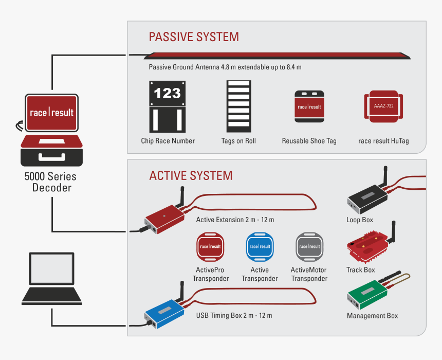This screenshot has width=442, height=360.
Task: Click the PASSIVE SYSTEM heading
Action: [194, 37]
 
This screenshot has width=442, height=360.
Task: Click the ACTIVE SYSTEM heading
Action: [191, 176]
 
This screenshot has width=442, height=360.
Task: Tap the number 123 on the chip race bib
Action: [168, 93]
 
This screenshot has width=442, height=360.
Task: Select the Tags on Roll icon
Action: [239, 106]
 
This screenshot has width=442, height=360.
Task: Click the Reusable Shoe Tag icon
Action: [309, 106]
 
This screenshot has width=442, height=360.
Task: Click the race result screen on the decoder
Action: [51, 112]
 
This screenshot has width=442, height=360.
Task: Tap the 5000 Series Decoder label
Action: [51, 182]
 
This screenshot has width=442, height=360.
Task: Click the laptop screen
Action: [51, 268]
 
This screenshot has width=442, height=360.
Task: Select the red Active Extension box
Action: [164, 218]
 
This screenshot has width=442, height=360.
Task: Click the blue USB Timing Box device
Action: [164, 314]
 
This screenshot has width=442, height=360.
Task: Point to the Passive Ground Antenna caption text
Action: [225, 67]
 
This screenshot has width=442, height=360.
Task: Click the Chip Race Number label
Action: [168, 141]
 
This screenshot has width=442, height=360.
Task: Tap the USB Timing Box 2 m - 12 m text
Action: [234, 315]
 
